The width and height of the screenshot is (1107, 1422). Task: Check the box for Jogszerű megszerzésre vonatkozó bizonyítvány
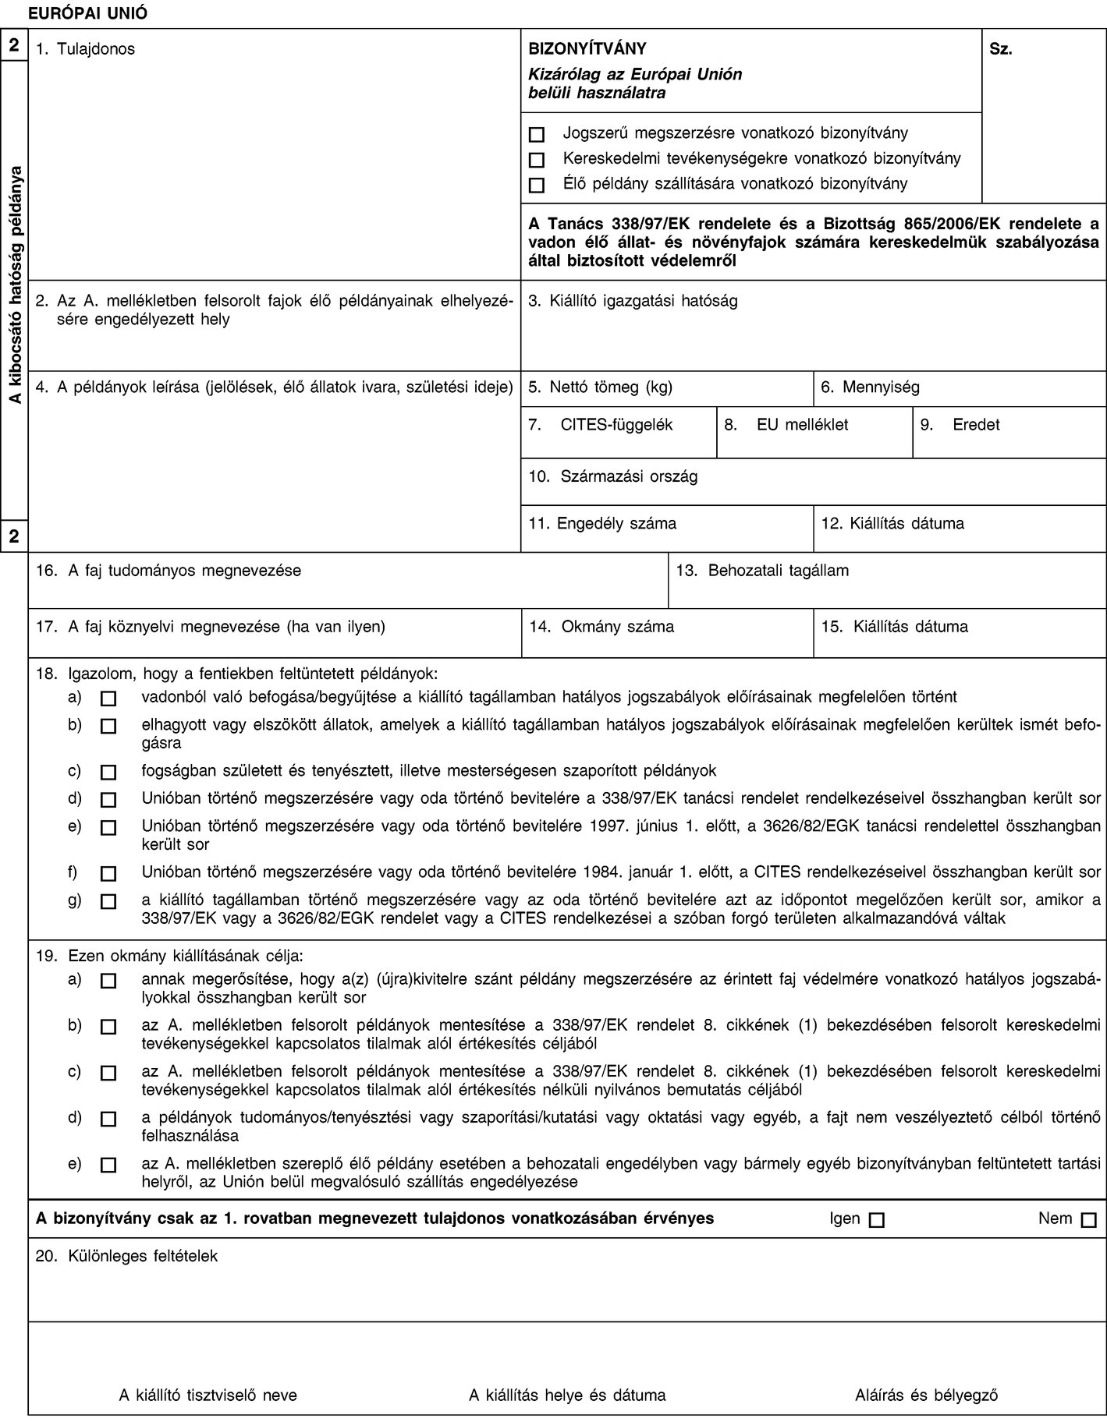pyautogui.click(x=536, y=133)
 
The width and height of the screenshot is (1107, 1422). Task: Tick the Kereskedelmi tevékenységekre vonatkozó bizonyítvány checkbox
pyautogui.click(x=536, y=160)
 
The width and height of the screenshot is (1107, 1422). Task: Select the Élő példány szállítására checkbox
pyautogui.click(x=536, y=186)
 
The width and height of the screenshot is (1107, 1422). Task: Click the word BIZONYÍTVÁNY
pyautogui.click(x=587, y=49)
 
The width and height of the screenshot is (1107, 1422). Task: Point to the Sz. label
pyautogui.click(x=1001, y=49)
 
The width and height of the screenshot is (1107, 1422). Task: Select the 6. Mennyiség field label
pyautogui.click(x=870, y=387)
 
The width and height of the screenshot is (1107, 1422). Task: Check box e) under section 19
pyautogui.click(x=108, y=1167)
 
